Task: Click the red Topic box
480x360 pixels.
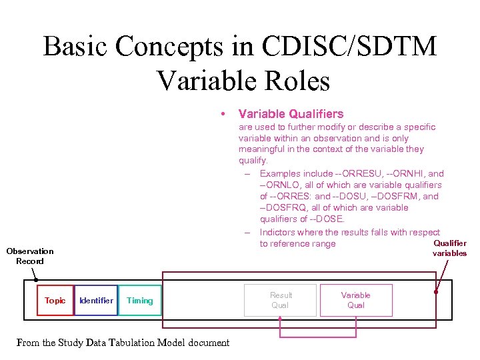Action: pos(55,301)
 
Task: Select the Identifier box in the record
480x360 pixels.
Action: pos(96,301)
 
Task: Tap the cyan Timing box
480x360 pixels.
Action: pos(139,301)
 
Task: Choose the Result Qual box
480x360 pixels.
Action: pos(281,300)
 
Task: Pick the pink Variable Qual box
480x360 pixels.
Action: pos(355,300)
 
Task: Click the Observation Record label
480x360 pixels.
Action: pos(29,256)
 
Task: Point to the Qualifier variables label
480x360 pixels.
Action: pos(449,248)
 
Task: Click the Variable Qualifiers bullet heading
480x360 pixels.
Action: pos(291,114)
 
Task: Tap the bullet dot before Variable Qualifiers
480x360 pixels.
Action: pos(226,114)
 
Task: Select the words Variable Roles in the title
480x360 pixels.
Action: pos(243,81)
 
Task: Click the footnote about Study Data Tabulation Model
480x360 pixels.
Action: pos(123,343)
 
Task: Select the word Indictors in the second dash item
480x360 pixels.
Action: pos(279,232)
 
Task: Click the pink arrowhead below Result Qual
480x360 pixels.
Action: pos(281,319)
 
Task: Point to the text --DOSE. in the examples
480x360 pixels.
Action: pos(327,219)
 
